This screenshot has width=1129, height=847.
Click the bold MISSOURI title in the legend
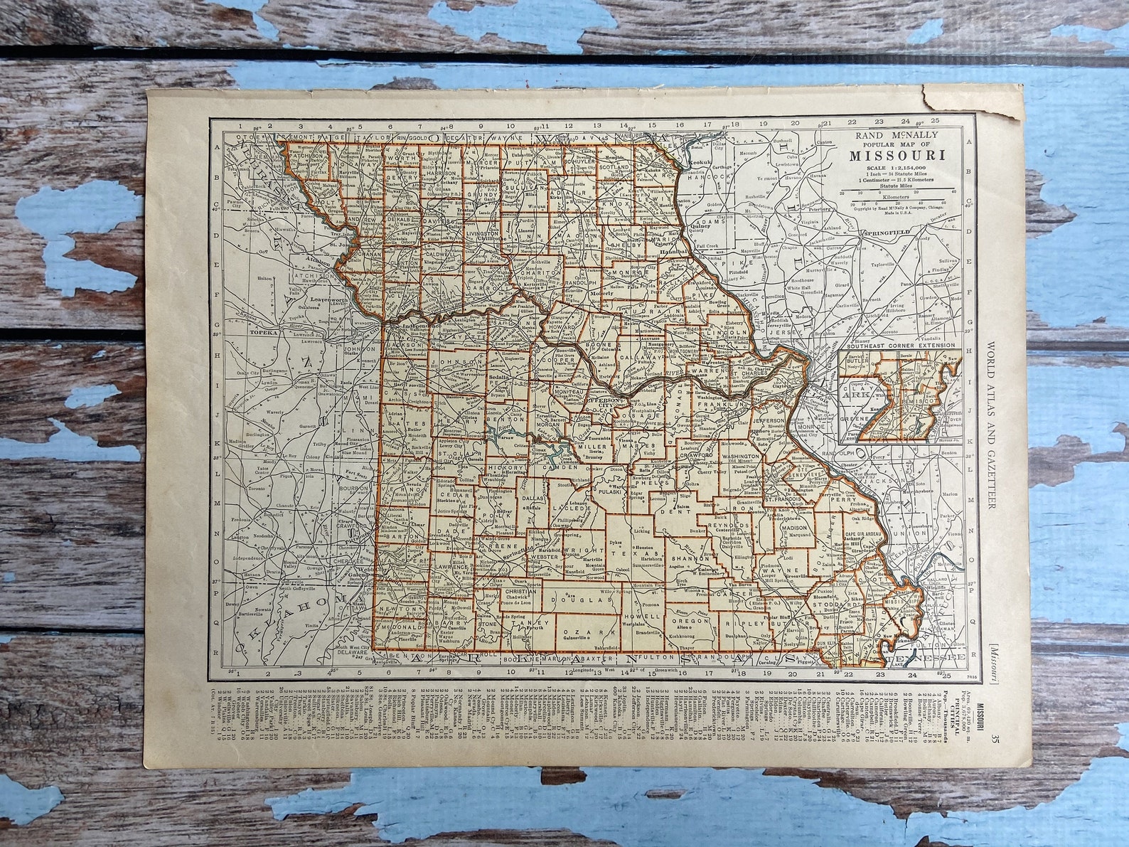point(896,154)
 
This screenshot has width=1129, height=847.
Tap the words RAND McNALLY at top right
point(896,134)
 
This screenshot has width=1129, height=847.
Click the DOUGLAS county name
point(589,600)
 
